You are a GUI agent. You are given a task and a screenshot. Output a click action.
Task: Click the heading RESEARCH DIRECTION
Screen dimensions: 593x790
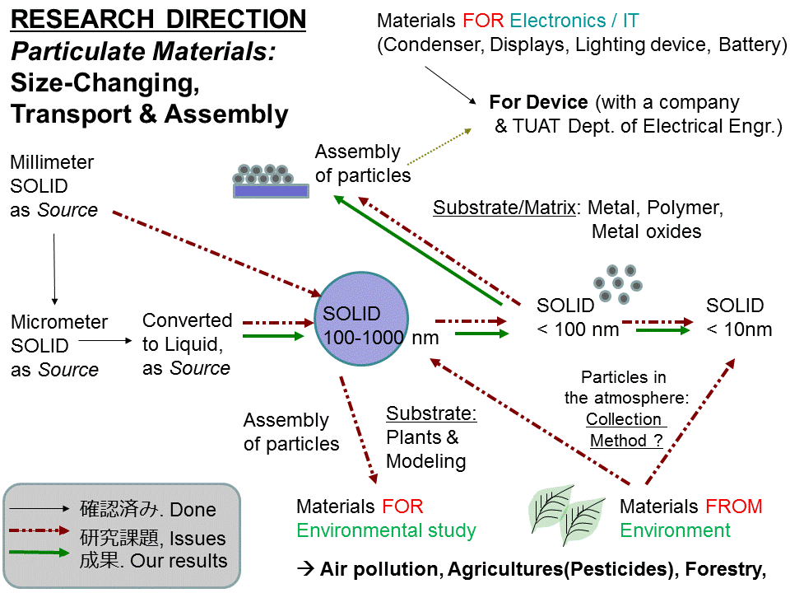click(158, 20)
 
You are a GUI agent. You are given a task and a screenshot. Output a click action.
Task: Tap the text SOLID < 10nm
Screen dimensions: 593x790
click(739, 318)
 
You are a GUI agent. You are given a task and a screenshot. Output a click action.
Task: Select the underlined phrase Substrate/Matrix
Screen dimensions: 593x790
click(504, 208)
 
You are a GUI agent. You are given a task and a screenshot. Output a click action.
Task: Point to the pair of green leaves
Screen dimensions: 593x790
click(568, 514)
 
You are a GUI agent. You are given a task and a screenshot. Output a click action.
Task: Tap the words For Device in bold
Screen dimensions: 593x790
click(538, 103)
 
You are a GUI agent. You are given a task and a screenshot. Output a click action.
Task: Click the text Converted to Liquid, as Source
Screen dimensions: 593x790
click(187, 343)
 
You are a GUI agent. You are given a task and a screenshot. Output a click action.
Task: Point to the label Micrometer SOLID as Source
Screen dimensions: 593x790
click(58, 346)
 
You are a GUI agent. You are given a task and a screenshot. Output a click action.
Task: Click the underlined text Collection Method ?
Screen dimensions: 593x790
click(625, 430)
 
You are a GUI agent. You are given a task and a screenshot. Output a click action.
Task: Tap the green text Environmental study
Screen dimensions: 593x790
click(386, 530)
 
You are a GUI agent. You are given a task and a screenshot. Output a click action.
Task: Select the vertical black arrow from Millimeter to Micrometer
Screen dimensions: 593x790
click(54, 268)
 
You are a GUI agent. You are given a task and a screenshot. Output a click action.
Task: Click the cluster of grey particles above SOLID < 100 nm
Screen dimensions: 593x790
click(617, 282)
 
